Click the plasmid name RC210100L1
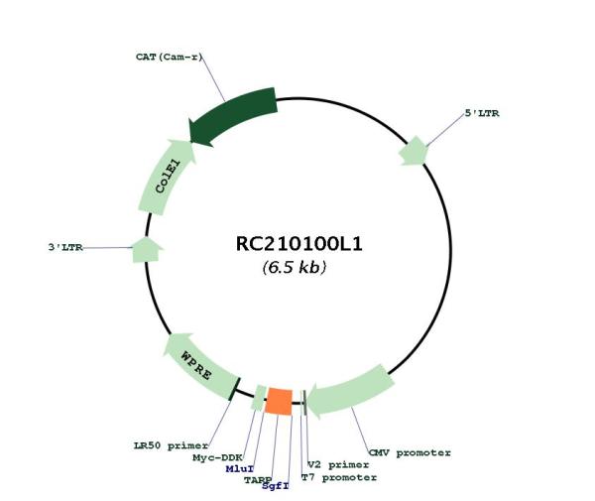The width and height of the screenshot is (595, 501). tap(299, 244)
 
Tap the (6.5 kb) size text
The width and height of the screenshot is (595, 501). tap(295, 267)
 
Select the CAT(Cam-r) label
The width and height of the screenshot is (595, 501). tap(169, 57)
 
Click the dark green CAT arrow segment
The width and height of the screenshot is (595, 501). tap(232, 116)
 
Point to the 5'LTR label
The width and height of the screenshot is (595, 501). tap(482, 113)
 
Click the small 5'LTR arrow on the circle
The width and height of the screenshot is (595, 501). tap(414, 152)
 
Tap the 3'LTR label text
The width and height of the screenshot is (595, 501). tap(65, 247)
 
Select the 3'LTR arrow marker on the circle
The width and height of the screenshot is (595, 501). tap(147, 250)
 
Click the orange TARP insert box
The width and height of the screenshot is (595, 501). tap(279, 402)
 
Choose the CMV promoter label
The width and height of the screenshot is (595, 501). tap(411, 452)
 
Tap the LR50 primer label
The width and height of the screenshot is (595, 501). tap(172, 445)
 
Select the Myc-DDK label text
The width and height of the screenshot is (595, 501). tap(217, 457)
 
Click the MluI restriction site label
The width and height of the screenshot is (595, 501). tap(239, 469)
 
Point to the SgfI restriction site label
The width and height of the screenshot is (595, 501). tap(276, 486)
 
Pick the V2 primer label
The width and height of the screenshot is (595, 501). tap(338, 465)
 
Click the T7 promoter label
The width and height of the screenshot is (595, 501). tap(339, 477)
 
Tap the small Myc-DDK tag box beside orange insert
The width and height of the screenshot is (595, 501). tap(259, 398)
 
